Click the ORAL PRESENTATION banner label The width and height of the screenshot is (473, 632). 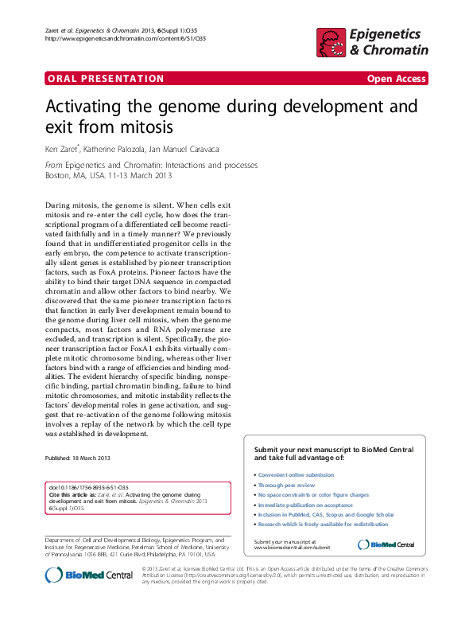pyautogui.click(x=106, y=79)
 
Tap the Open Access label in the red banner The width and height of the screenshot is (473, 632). pyautogui.click(x=396, y=79)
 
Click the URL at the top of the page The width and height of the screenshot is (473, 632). pyautogui.click(x=126, y=38)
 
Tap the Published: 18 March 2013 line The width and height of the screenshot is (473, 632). pyautogui.click(x=77, y=458)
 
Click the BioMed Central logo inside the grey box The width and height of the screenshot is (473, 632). pyautogui.click(x=386, y=544)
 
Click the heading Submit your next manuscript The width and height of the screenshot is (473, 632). pyautogui.click(x=334, y=454)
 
